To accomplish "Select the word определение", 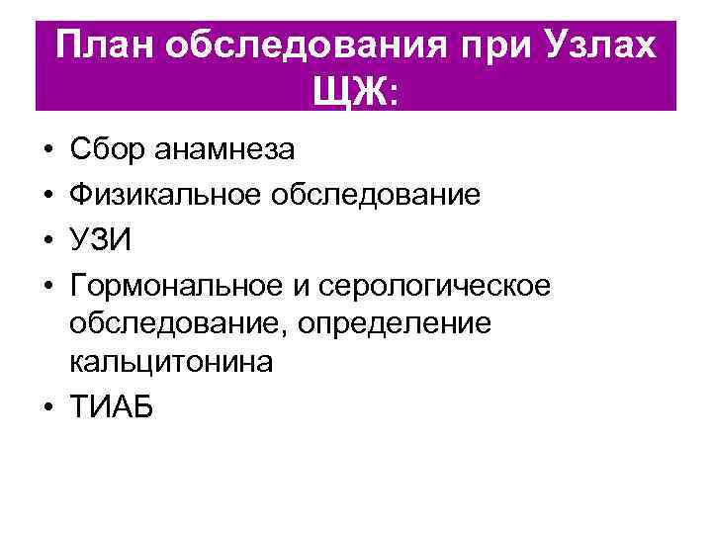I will tap(404, 322).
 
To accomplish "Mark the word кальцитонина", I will tap(170, 363).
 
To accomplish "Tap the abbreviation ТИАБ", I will tap(113, 406).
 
